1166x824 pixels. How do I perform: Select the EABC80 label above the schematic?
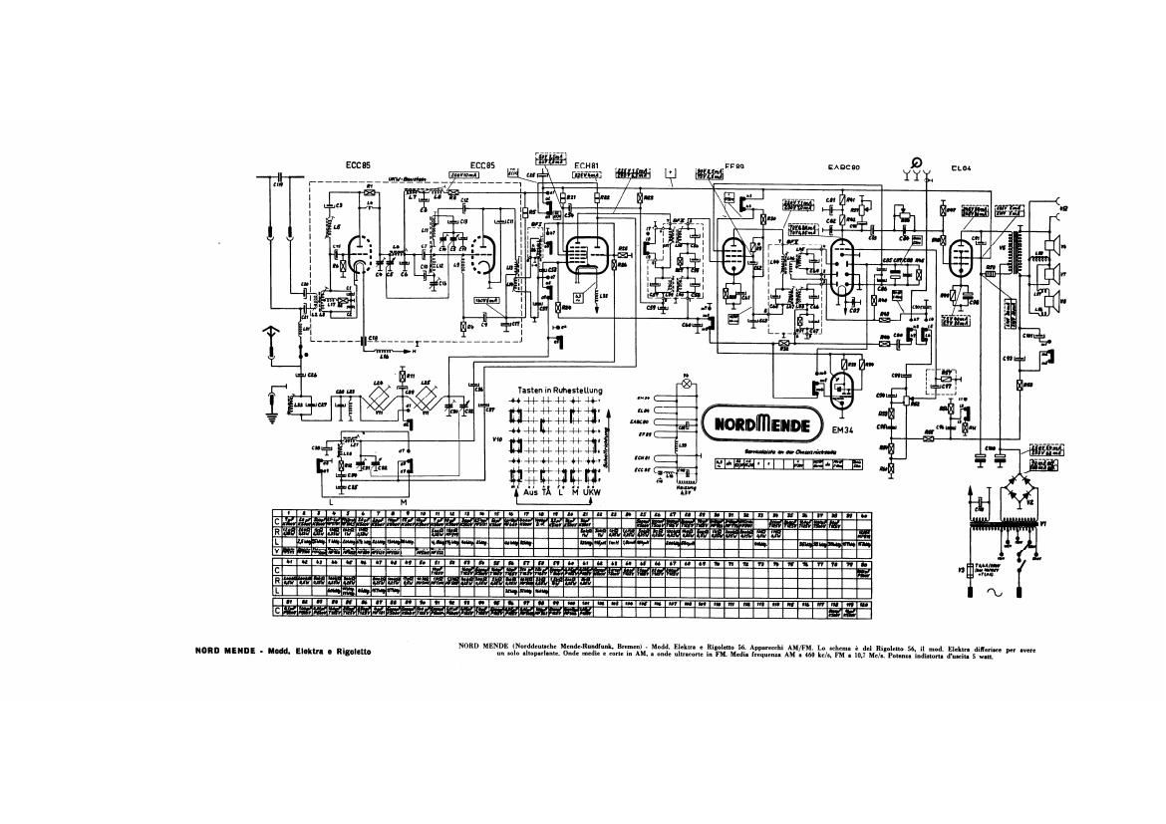[845, 166]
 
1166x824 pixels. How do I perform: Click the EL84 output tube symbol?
[962, 256]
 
